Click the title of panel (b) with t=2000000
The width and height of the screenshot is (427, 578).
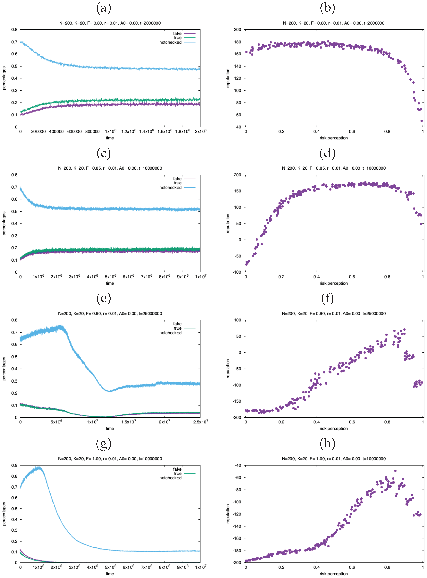tap(333, 23)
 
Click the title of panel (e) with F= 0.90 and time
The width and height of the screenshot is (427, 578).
tap(110, 314)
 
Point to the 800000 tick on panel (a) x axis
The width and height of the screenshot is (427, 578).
tap(92, 131)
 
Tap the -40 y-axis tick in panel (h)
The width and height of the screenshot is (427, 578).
tap(238, 465)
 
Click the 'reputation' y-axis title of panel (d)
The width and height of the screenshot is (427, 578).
tap(228, 223)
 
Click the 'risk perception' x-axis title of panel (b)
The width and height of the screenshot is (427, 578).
tap(333, 138)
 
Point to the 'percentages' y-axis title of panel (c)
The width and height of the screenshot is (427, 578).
tap(4, 223)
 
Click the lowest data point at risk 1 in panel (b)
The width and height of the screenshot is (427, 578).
tap(422, 121)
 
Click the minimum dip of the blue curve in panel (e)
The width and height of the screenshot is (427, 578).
tap(109, 391)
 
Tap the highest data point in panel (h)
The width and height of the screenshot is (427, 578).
tap(395, 471)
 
